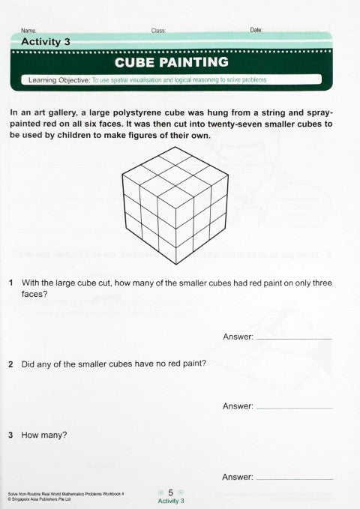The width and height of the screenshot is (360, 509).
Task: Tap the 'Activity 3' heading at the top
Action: coord(46,42)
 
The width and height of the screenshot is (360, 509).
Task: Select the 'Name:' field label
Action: coord(29,31)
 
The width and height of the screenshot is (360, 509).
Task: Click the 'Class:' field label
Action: coord(158,31)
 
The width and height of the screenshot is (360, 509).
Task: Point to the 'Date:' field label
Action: coord(256,30)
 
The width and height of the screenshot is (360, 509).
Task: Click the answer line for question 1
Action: coord(293,339)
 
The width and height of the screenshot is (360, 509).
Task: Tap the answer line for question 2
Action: coord(293,408)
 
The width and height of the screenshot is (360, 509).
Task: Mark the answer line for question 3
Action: coord(293,478)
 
